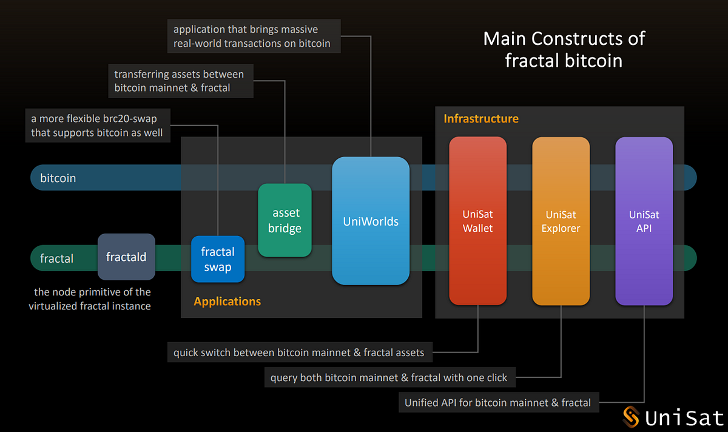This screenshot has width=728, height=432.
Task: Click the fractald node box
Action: click(x=126, y=257)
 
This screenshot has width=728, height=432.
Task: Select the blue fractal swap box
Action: click(x=218, y=259)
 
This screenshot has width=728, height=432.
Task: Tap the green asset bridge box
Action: click(x=285, y=220)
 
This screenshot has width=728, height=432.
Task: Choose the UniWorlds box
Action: click(x=370, y=221)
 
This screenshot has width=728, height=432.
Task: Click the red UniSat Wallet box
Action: click(x=477, y=221)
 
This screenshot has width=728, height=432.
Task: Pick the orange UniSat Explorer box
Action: click(x=561, y=221)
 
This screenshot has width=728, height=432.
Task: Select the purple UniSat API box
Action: click(x=644, y=221)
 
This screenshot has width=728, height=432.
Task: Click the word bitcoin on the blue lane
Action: click(x=58, y=178)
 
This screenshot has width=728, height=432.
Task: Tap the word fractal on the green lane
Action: click(x=56, y=258)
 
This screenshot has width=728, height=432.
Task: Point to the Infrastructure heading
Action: click(x=481, y=118)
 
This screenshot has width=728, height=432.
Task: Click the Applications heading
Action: click(x=227, y=302)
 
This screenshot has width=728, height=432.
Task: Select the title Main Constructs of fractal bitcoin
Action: click(x=564, y=49)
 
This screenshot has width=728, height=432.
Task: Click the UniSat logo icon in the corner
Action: click(x=632, y=417)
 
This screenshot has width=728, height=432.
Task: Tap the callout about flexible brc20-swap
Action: click(x=97, y=126)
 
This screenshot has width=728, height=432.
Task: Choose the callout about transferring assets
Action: click(x=179, y=81)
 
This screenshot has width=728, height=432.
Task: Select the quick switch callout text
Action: click(x=298, y=353)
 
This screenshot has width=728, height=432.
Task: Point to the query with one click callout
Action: click(x=388, y=377)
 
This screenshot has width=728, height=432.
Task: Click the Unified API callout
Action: click(x=497, y=402)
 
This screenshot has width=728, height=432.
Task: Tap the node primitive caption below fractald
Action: click(x=90, y=299)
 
